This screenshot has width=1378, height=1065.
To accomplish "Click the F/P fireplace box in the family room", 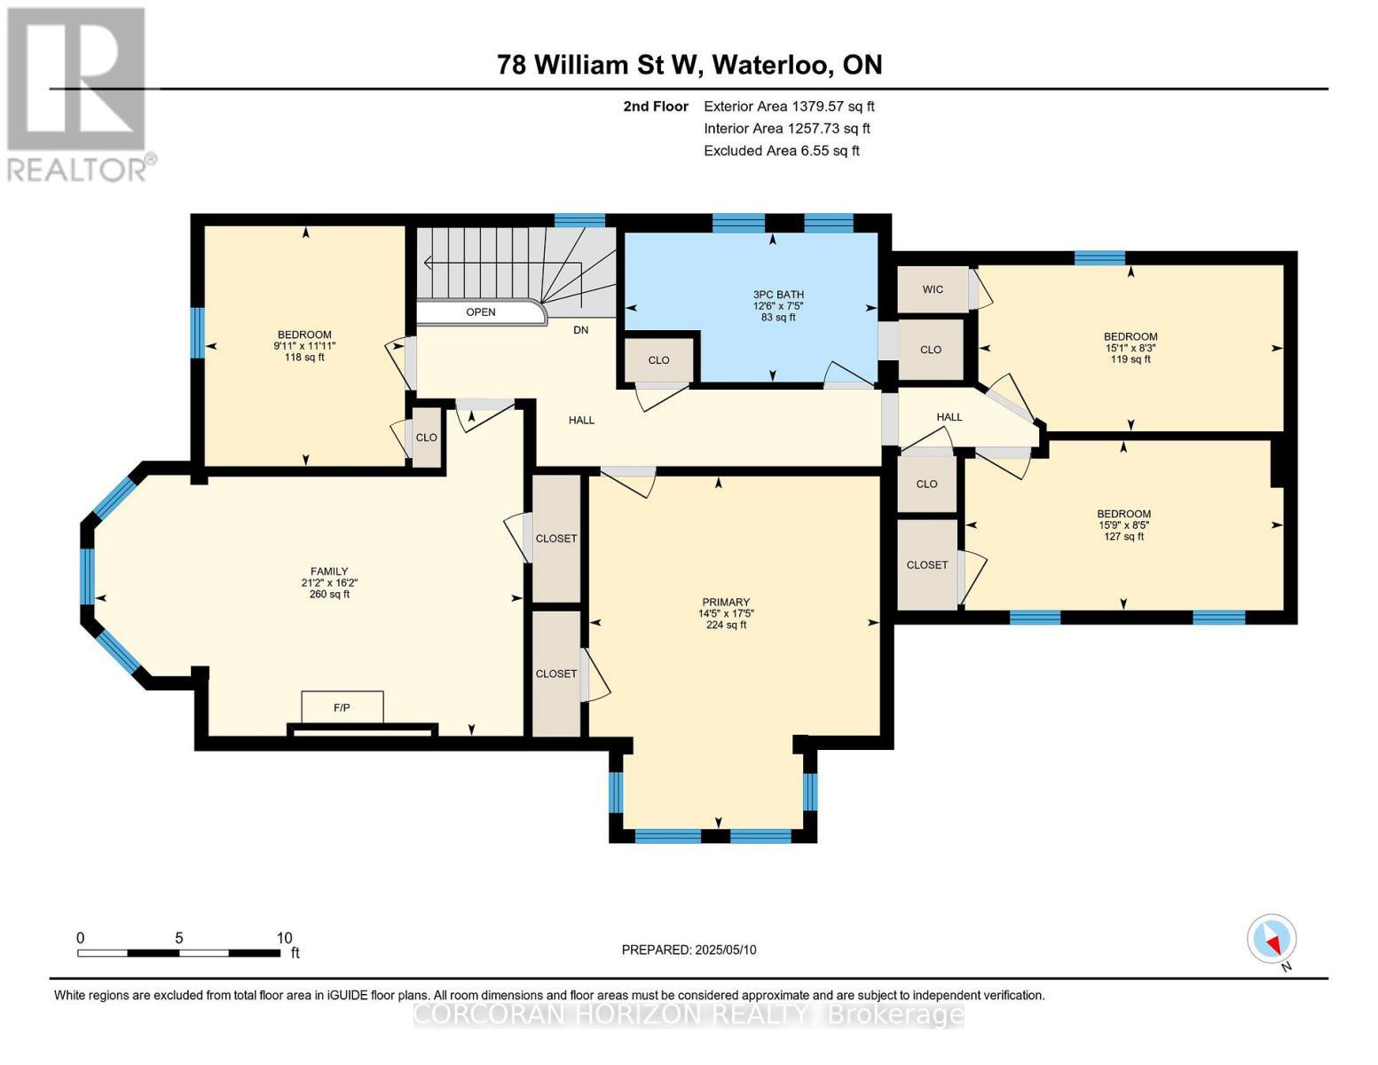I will pos(343,707).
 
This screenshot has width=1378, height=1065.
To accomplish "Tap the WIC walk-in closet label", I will pos(933,289).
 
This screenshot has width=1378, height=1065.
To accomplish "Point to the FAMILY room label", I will pos(328,572).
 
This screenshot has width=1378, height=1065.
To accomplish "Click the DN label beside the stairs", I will pos(580,330).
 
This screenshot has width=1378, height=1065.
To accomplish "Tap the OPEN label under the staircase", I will pos(481,312).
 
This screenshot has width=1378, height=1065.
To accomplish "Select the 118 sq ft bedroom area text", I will pos(305,358).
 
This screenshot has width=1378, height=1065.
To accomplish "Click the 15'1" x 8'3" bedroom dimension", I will pos(1130,348).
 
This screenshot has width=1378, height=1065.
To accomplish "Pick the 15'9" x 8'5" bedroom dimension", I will pos(1123,525).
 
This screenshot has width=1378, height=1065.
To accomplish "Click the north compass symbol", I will pos(1272,939).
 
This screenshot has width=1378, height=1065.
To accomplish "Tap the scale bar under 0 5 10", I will pos(178,953).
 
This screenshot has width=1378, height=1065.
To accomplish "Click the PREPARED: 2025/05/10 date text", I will pos(689,950).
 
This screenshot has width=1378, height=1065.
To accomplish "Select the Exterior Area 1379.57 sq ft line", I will pos(789,106).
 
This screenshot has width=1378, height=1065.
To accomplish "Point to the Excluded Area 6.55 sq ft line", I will pos(781,151).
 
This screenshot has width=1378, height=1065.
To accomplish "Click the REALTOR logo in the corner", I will pos(78,93).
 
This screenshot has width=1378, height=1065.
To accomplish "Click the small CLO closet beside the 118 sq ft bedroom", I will pos(427,437).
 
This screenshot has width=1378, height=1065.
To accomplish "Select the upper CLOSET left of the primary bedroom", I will pos(556,539).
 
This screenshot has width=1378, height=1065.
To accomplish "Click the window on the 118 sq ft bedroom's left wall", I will pos(198,333).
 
